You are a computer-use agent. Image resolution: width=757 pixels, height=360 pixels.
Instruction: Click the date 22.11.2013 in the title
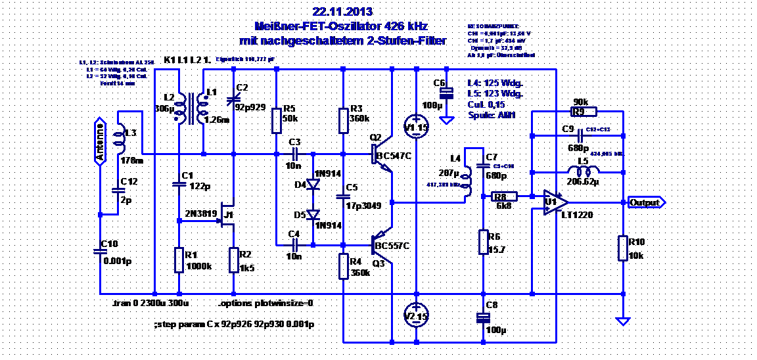click(x=342, y=12)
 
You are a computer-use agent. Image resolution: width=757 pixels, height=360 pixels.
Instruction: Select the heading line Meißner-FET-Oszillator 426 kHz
click(x=340, y=26)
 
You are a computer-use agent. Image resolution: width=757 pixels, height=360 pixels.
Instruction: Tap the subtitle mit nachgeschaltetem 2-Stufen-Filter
click(x=342, y=41)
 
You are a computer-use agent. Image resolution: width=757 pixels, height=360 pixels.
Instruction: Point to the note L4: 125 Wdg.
click(x=495, y=83)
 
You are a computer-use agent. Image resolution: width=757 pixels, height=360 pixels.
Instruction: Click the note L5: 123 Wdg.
click(x=495, y=94)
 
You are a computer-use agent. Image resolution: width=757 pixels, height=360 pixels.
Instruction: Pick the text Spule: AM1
click(x=492, y=115)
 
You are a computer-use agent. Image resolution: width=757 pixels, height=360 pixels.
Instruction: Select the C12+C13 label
click(x=598, y=129)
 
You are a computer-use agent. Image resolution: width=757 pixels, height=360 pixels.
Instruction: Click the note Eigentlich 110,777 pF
click(x=245, y=59)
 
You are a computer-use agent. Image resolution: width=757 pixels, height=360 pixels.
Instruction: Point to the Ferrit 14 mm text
click(x=117, y=83)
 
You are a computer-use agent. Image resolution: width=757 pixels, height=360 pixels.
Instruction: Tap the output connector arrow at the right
click(x=647, y=202)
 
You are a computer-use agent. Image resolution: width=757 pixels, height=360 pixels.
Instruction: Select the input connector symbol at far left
click(x=100, y=141)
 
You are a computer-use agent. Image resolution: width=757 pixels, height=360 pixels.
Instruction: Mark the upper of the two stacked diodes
click(x=313, y=184)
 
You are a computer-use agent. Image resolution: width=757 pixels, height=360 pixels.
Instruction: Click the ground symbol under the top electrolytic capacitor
click(x=446, y=120)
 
